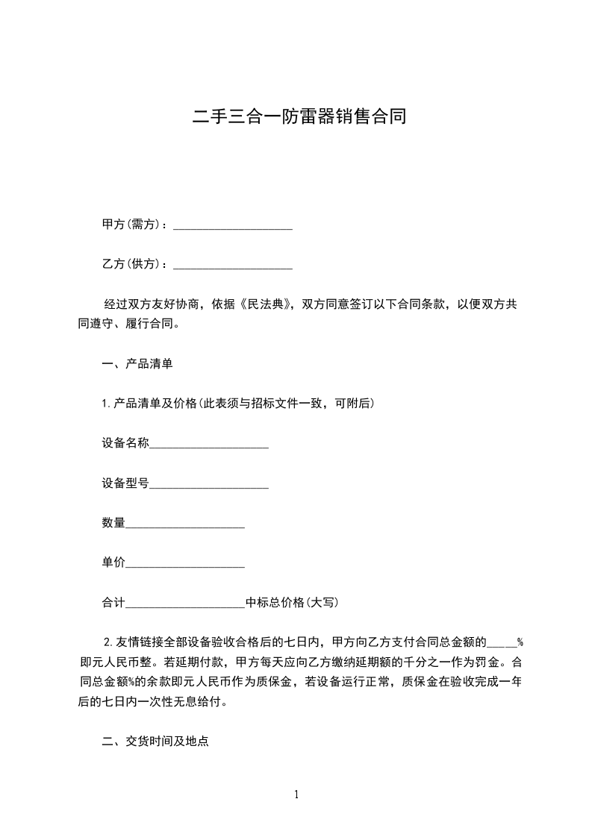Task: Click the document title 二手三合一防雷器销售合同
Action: tap(299, 116)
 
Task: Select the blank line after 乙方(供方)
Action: tap(232, 266)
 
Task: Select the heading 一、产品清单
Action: tap(137, 365)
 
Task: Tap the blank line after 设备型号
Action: tap(209, 485)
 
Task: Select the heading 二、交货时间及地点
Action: tap(155, 742)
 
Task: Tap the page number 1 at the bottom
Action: tap(296, 794)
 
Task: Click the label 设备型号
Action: tap(125, 483)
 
